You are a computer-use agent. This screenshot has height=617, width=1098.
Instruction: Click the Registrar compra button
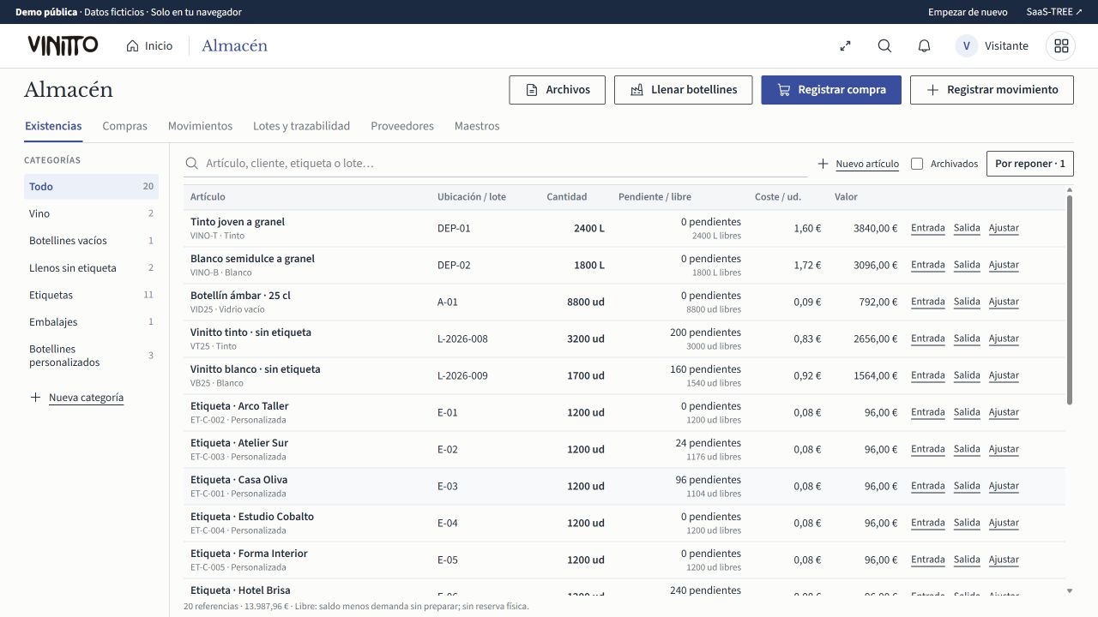tap(831, 90)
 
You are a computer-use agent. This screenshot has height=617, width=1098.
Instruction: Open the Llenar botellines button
tap(683, 90)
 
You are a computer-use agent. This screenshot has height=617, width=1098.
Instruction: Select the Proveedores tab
tap(402, 126)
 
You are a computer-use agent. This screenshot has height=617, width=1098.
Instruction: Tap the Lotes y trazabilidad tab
tap(301, 126)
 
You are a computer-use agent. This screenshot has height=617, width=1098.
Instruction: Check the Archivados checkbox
tap(917, 164)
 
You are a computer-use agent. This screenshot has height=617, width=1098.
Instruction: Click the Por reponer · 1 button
tap(1030, 164)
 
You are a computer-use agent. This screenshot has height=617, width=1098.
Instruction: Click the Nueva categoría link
tap(86, 398)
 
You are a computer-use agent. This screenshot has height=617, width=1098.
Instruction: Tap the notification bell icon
tap(924, 46)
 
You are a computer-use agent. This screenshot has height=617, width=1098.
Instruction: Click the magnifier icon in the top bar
tap(884, 46)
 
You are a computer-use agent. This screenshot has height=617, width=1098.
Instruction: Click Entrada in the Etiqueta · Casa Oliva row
tap(927, 486)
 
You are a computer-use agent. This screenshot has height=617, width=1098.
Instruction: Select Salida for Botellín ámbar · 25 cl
tap(967, 302)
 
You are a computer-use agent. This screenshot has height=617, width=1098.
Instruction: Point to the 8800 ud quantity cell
tap(585, 302)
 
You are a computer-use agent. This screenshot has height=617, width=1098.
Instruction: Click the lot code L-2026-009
tap(462, 375)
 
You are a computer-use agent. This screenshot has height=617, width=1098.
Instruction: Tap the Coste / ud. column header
tap(777, 197)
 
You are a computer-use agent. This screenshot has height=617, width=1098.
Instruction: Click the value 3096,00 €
tap(875, 265)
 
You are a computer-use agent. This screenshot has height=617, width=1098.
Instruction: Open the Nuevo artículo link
tap(867, 164)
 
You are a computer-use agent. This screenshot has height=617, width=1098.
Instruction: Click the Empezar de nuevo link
tap(967, 12)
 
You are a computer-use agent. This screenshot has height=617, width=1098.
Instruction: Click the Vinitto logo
tap(63, 45)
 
